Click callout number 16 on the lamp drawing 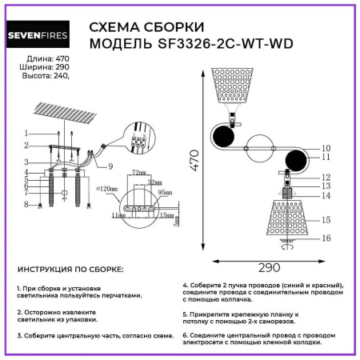[x=326, y=238]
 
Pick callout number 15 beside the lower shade [x=326, y=219]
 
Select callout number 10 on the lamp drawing [x=326, y=148]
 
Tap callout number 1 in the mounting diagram [x=26, y=132]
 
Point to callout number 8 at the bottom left [x=26, y=205]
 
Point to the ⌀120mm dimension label [x=106, y=190]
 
